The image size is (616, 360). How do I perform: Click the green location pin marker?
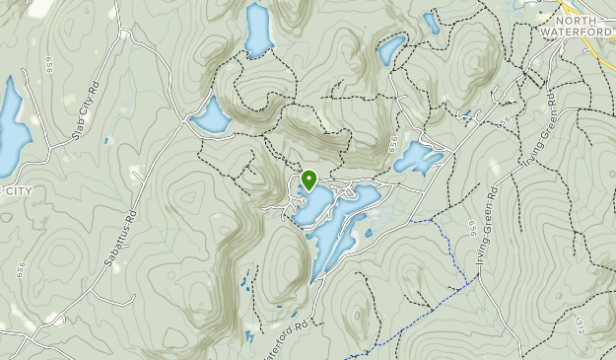tap(308, 180)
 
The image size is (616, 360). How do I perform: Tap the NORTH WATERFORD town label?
tap(583, 25)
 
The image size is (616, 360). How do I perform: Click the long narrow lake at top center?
tap(258, 30)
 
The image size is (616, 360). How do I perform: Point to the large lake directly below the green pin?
tap(335, 222)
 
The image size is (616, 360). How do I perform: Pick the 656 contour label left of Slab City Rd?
tap(48, 65)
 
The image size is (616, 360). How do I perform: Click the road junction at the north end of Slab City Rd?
tap(125, 34)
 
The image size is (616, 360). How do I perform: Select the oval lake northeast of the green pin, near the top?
tap(391, 49)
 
